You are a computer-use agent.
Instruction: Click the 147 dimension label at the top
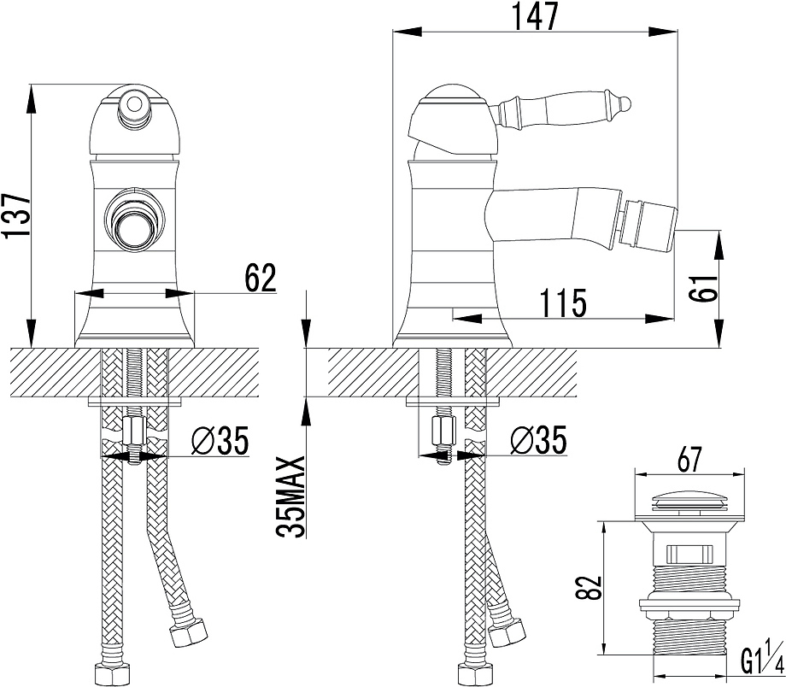point(534,16)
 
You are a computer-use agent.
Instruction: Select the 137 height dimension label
point(16,215)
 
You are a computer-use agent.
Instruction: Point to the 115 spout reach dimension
point(562,302)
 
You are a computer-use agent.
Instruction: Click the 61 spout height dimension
point(703,287)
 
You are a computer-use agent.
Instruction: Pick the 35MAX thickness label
point(292,497)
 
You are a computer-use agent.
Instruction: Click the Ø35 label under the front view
point(220,441)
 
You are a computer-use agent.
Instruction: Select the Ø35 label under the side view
point(538,440)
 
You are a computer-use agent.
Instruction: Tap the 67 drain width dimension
point(689,459)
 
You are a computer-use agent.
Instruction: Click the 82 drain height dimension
point(588,587)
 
